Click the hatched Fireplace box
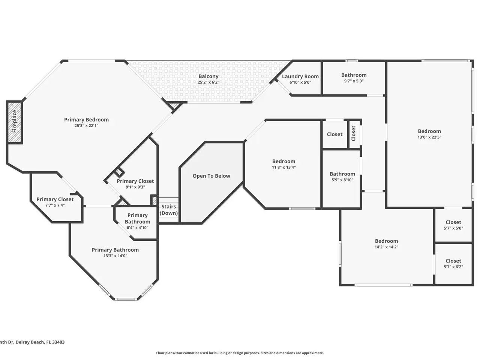coord(14,122)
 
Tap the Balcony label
coord(208,76)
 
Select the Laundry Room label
coord(300,76)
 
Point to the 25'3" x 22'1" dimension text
coord(86,126)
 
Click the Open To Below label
coord(211,176)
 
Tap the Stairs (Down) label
coord(169,210)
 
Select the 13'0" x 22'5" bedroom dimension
coord(429,137)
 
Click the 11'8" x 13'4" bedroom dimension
coord(283,167)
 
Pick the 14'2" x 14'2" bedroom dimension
coord(386,247)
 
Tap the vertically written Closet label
coord(353,133)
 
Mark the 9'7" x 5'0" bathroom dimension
coord(354,81)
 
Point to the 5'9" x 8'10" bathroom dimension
coord(342,180)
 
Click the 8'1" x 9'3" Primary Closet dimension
coord(135,187)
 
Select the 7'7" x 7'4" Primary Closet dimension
coord(55,205)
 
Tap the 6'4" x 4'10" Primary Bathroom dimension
coord(137,227)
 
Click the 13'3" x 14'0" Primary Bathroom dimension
coord(115,256)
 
